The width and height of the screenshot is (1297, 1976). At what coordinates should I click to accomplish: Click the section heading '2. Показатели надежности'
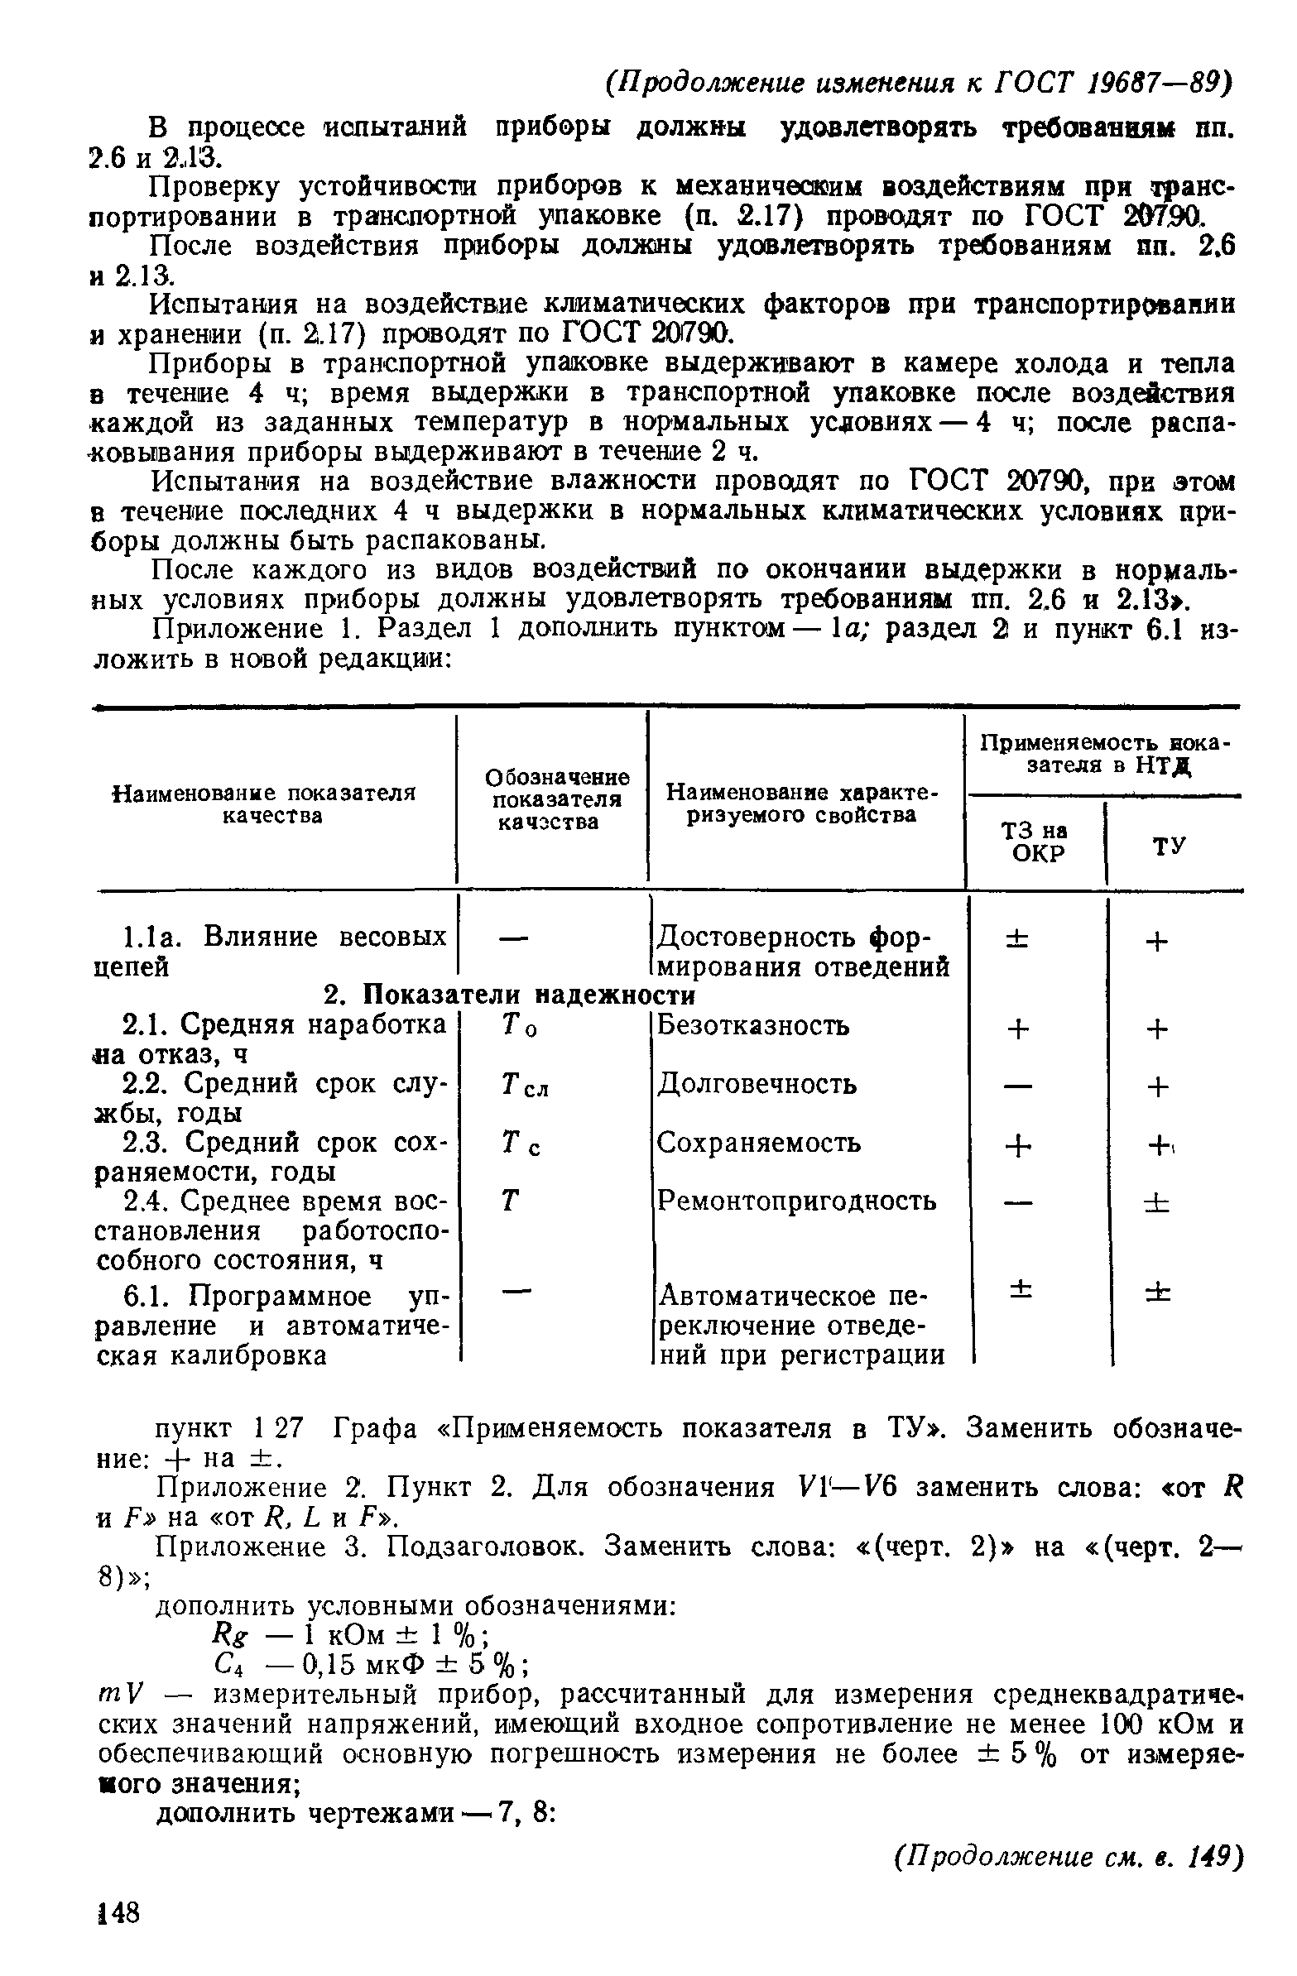(508, 994)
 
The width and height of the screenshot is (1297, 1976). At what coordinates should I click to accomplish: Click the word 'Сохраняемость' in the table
(758, 1143)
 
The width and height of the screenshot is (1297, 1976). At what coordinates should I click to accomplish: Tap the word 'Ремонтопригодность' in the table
(796, 1201)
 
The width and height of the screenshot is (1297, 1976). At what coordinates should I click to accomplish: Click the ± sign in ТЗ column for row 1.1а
(1016, 939)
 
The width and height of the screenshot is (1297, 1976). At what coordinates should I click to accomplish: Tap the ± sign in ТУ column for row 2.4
(1157, 1202)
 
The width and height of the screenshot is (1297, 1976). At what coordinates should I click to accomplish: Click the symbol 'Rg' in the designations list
(225, 1634)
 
